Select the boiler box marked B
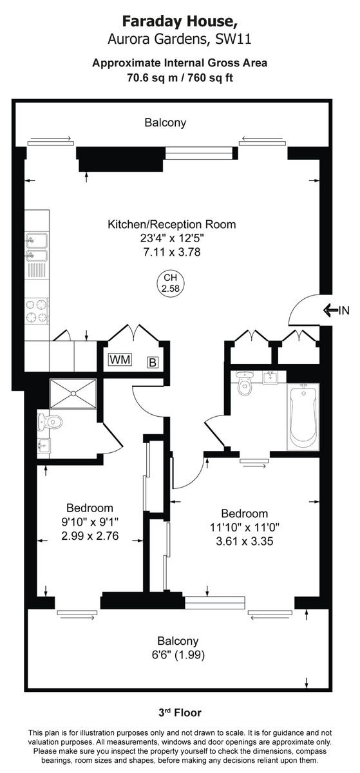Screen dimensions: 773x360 153,362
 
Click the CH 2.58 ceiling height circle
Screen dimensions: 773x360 171,283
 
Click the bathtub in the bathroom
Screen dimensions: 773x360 303,417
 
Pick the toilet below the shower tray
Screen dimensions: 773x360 51,422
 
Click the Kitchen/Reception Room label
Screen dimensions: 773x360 171,225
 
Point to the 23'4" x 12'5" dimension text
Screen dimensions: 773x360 171,238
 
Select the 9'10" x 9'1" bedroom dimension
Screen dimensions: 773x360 90,522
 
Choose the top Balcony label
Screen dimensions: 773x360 166,122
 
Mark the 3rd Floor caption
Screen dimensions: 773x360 180,712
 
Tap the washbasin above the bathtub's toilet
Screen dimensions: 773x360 270,377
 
